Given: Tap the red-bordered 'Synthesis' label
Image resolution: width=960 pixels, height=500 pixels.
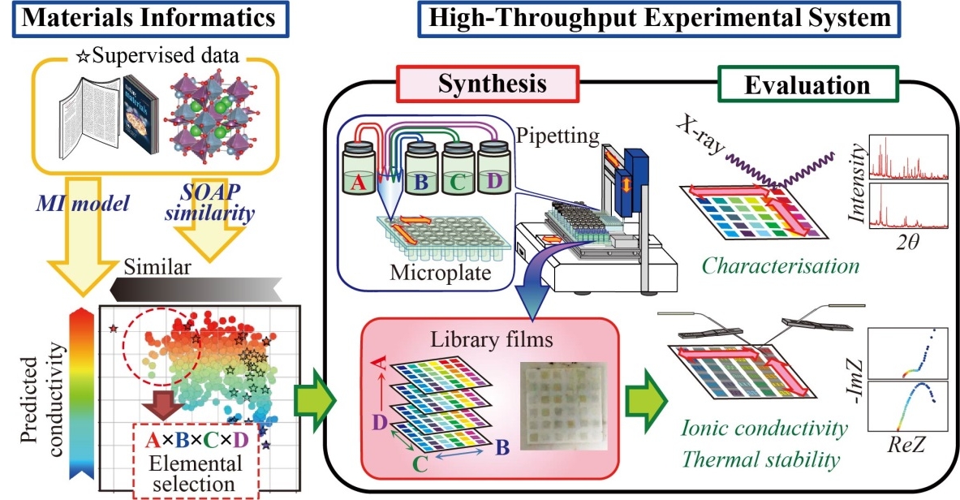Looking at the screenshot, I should tap(488, 84).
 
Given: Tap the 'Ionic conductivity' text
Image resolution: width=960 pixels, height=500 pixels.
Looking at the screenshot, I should tap(765, 428).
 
